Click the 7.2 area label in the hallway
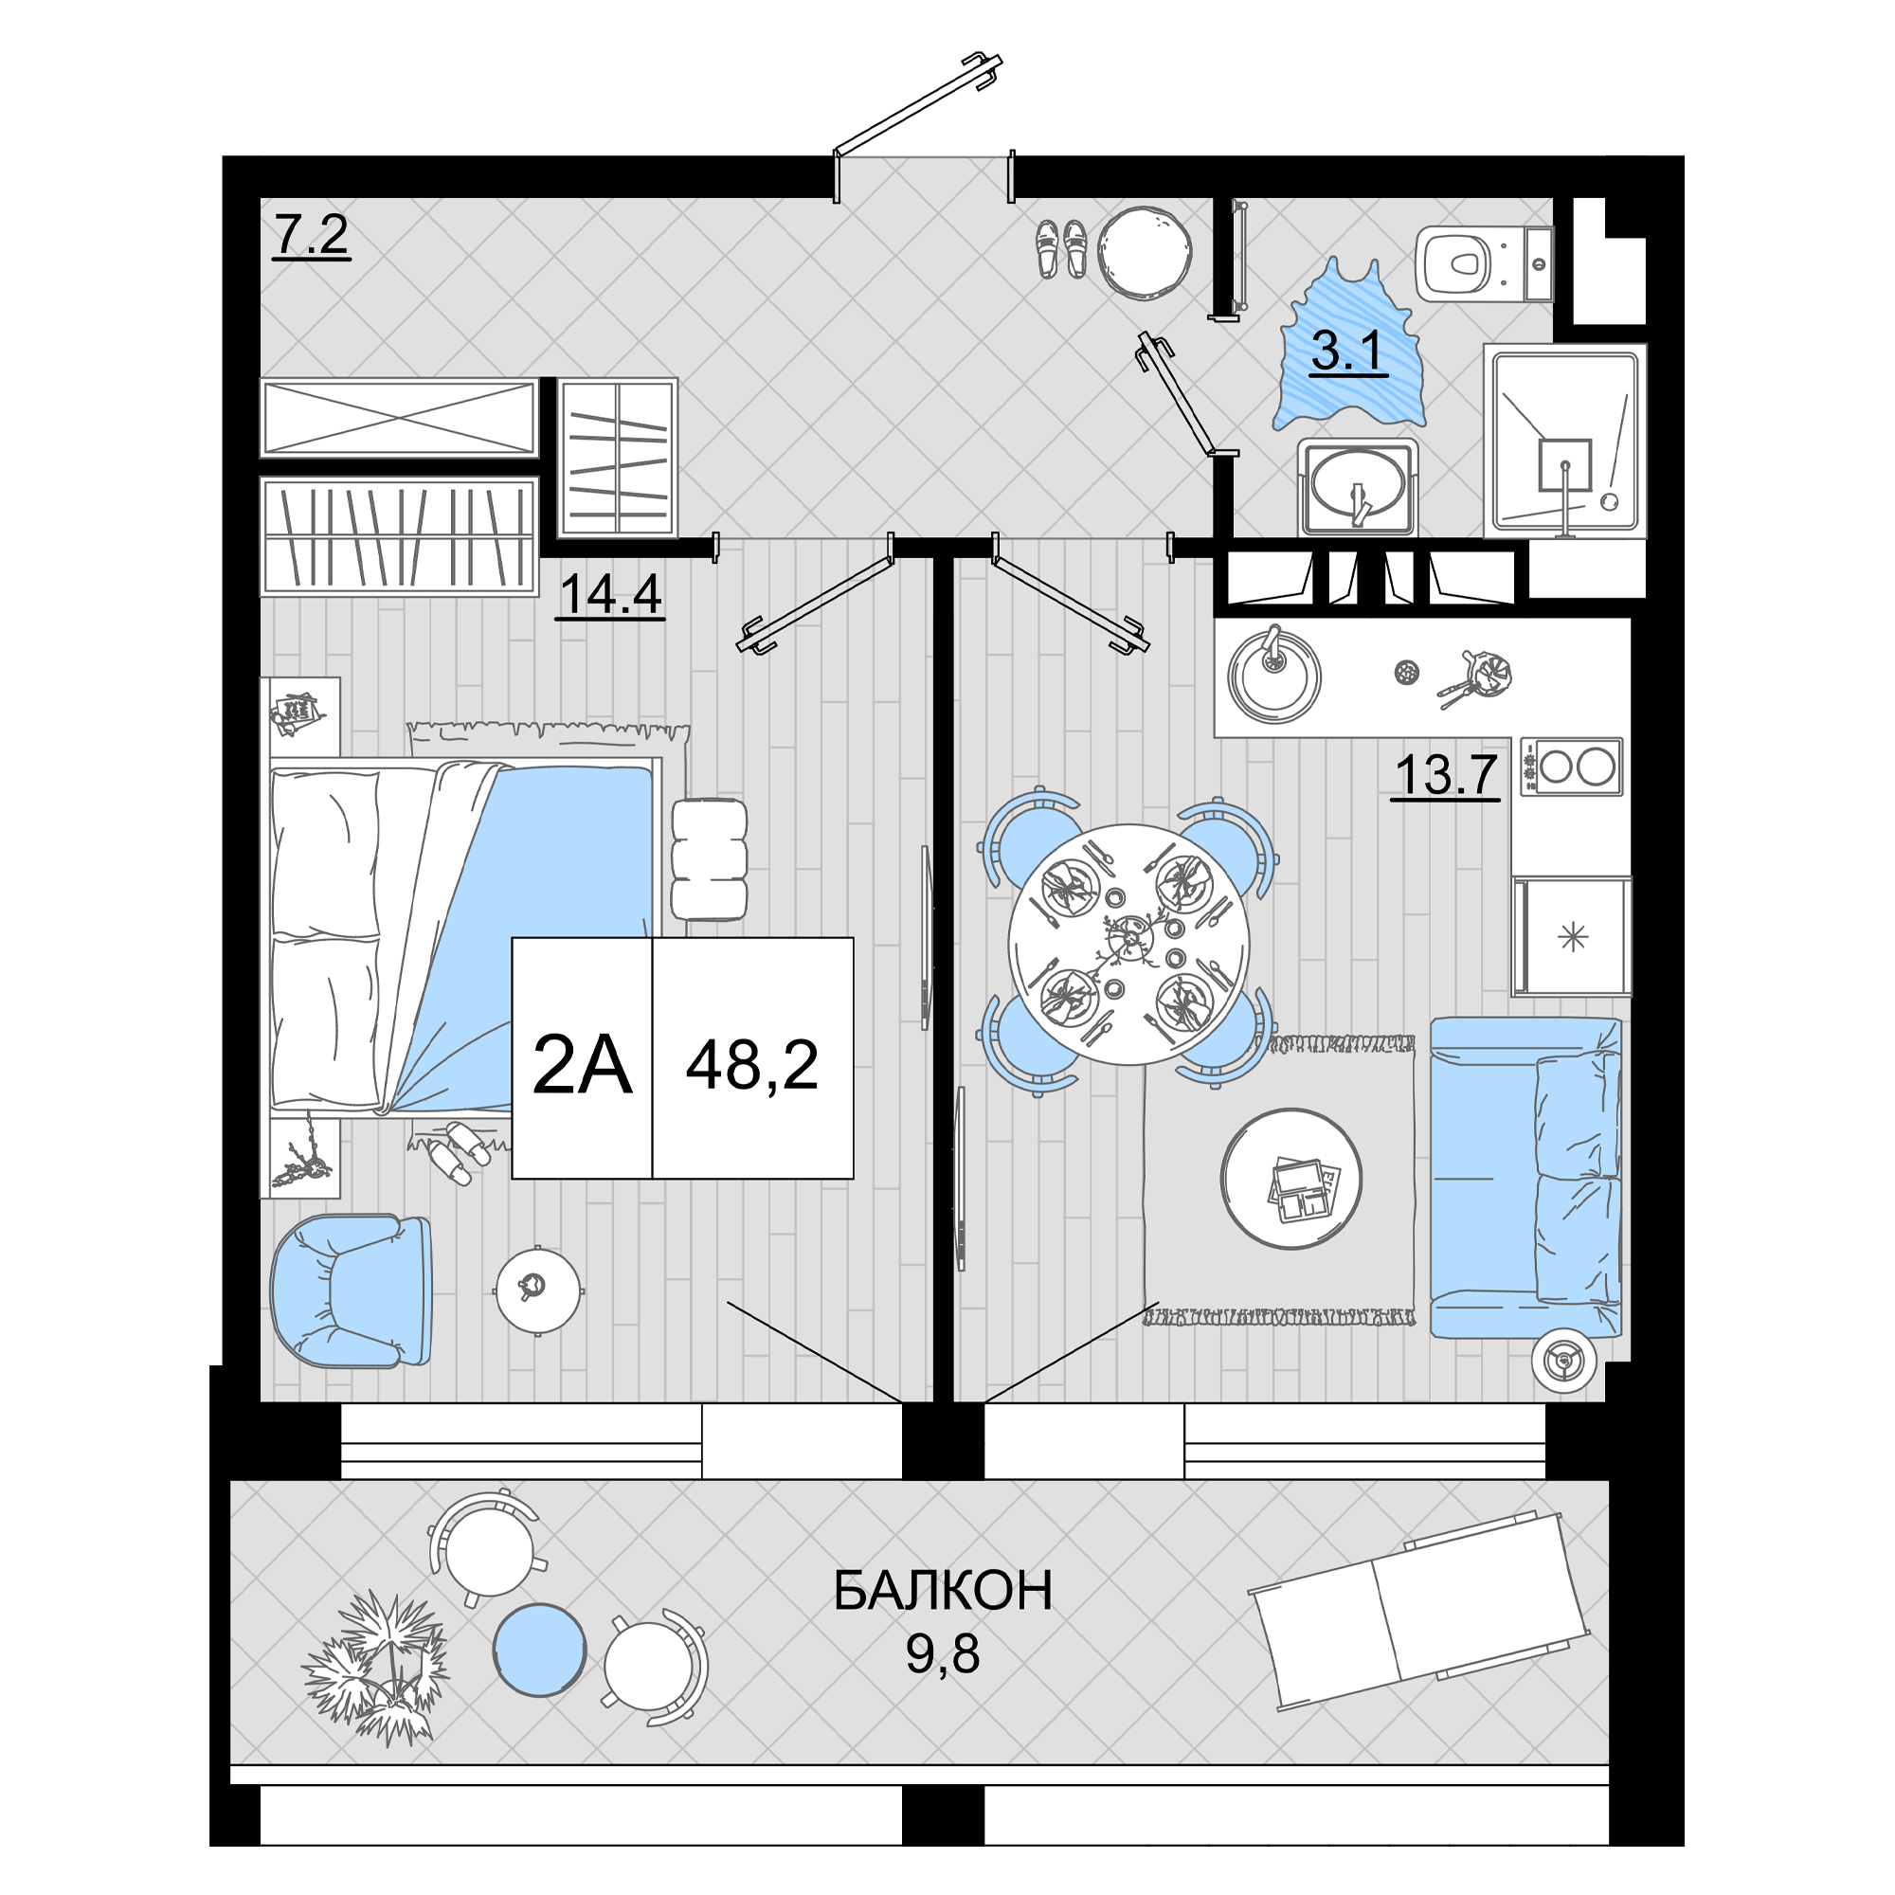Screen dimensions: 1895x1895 click(310, 235)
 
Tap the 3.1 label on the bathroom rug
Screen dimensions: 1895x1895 click(1347, 351)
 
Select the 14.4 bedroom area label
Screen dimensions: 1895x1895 click(610, 594)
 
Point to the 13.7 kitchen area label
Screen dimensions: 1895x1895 click(1446, 775)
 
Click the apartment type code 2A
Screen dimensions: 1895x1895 click(582, 1066)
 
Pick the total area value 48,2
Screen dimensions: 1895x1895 click(752, 1066)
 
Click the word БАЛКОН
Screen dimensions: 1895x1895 click(943, 1591)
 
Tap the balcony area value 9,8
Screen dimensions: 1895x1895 click(943, 1654)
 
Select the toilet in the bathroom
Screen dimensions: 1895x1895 click(1484, 263)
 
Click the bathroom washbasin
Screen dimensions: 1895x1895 click(1358, 487)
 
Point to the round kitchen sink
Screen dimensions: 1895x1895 click(1274, 675)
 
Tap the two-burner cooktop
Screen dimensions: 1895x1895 click(1570, 766)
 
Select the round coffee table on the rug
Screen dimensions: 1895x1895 click(1290, 1178)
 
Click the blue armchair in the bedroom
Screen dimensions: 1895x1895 click(352, 1290)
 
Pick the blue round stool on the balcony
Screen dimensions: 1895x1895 click(539, 1649)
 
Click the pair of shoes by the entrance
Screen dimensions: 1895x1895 click(1061, 247)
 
